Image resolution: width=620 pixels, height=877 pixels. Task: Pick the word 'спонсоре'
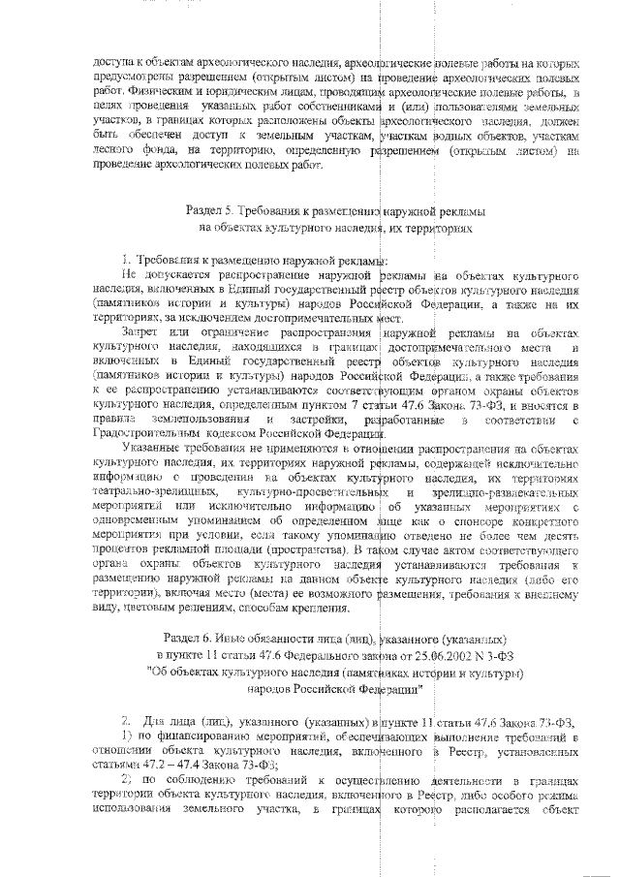[x=449, y=518]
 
